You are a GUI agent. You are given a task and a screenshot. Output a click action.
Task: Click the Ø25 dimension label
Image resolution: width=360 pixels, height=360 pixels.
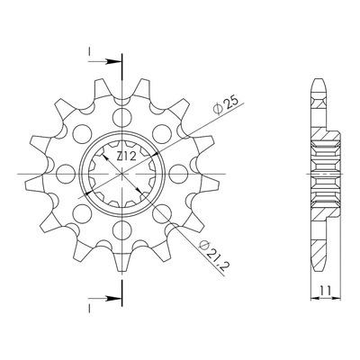point(226,105)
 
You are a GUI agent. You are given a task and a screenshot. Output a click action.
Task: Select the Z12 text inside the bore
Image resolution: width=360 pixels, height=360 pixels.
point(126,157)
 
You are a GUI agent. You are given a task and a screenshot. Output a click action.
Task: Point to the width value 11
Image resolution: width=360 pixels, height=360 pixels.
point(325,291)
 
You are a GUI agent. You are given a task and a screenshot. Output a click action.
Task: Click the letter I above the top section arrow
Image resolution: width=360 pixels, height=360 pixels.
point(89,52)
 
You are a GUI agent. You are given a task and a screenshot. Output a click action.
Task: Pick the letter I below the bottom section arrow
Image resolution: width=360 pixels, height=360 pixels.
point(89,309)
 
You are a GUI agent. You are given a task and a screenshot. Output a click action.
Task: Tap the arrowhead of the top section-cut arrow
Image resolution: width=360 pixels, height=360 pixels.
point(114,62)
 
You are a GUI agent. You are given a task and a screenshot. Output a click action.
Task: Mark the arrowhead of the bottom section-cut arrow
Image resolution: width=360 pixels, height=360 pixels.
point(114,299)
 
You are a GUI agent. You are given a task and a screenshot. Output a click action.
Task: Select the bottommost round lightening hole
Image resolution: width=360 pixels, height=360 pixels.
point(122,229)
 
